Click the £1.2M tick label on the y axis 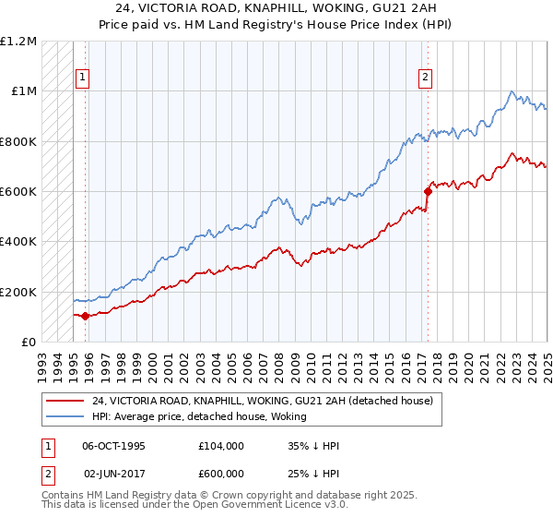(18, 41)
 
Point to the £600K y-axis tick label (18, 191)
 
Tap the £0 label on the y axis (29, 342)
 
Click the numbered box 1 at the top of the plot (83, 78)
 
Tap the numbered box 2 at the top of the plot (426, 78)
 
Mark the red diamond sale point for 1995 (86, 316)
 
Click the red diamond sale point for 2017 (429, 191)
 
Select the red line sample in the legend (65, 401)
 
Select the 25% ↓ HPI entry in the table (313, 474)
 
